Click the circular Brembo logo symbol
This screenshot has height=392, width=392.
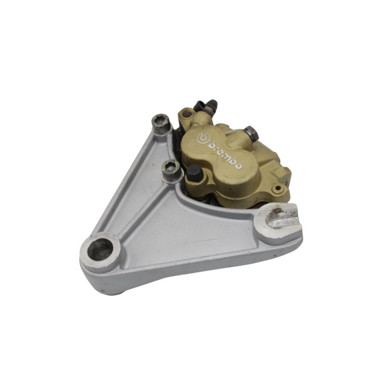click(203, 139)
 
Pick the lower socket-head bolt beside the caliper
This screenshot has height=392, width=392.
click(172, 170)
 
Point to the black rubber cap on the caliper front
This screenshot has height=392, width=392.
click(195, 173)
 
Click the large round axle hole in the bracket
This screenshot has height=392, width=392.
click(101, 249)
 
